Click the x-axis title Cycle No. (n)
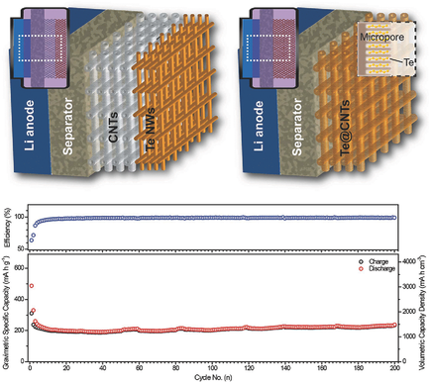[214, 376]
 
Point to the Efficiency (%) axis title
[9, 227]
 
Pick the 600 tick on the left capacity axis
[20, 267]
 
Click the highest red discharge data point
[31, 286]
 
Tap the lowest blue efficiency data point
[31, 239]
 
